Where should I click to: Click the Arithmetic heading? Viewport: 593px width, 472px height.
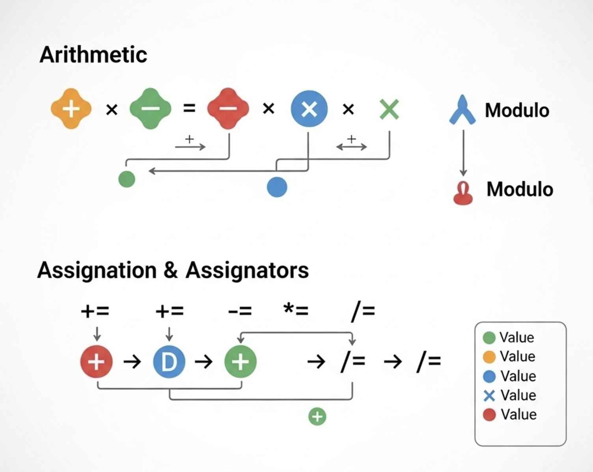(x=93, y=54)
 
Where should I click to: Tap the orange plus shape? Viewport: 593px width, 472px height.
(x=71, y=109)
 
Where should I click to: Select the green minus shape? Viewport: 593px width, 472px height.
(x=151, y=109)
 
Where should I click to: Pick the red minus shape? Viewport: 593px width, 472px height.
(x=228, y=109)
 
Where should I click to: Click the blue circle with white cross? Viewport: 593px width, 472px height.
(x=309, y=109)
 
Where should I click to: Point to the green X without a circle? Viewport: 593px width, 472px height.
(x=389, y=109)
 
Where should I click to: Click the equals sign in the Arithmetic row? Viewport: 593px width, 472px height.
(x=189, y=108)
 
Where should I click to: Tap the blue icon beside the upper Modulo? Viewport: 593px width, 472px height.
(x=462, y=110)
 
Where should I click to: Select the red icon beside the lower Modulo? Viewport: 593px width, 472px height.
(x=463, y=193)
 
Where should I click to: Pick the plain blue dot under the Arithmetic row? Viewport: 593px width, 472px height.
(x=277, y=187)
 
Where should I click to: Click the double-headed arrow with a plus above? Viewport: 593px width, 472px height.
(x=351, y=147)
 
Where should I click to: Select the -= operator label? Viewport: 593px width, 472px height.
(x=240, y=311)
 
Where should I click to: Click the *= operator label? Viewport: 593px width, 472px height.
(x=296, y=310)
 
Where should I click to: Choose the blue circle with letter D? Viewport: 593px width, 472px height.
(x=169, y=361)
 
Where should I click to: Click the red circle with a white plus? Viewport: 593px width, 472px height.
(x=96, y=361)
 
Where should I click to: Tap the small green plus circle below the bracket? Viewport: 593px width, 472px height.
(x=317, y=416)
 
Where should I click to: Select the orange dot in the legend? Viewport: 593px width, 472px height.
(x=489, y=357)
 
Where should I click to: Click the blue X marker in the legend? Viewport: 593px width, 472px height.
(x=489, y=396)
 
